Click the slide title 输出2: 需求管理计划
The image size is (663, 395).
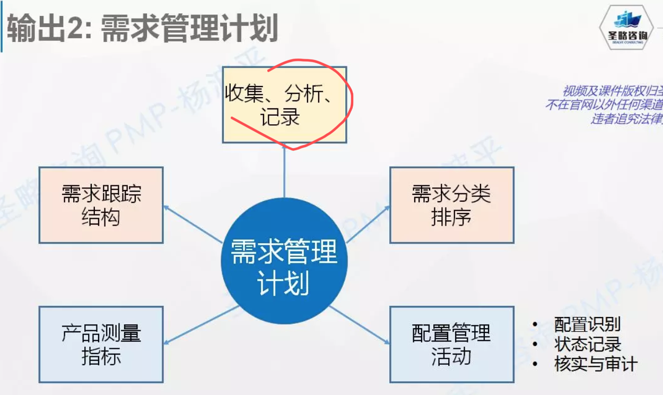click(142, 29)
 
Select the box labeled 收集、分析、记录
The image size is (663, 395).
click(284, 105)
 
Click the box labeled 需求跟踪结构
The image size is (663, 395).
click(101, 205)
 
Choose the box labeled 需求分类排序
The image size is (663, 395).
click(451, 205)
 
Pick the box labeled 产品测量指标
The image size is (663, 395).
click(101, 344)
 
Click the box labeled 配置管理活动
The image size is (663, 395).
click(451, 344)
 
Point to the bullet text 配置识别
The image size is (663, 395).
click(587, 324)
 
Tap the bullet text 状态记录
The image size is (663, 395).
click(587, 344)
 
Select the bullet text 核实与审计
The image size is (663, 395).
click(596, 364)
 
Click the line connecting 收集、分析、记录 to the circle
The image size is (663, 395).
click(284, 170)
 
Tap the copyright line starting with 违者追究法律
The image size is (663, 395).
click(626, 118)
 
